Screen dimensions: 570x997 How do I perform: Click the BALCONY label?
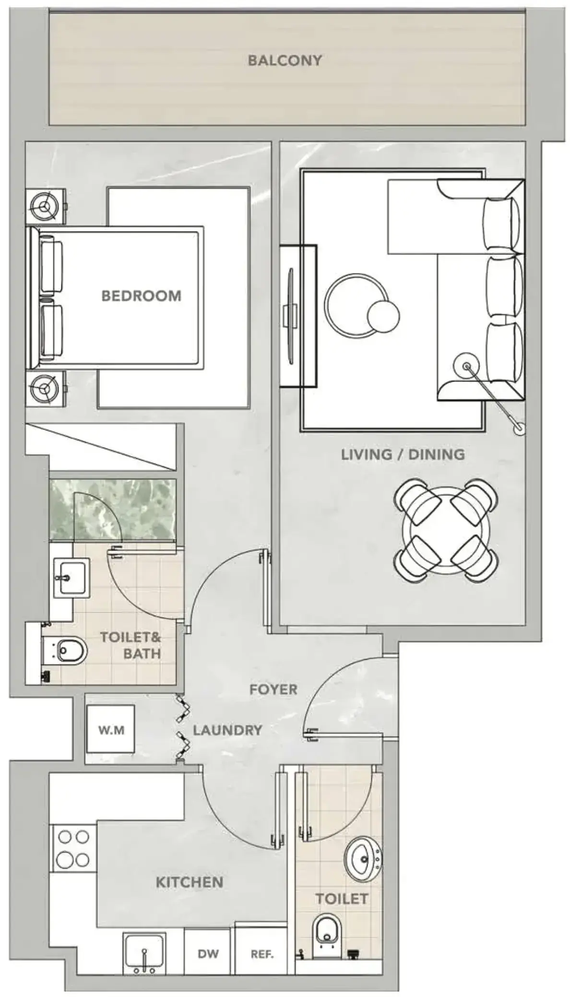click(x=285, y=60)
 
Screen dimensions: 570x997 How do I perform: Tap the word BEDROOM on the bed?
click(x=142, y=296)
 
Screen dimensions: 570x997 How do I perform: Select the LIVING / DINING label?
click(x=403, y=454)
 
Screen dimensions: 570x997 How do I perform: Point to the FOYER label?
click(x=273, y=689)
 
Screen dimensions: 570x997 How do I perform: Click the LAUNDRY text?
click(x=227, y=730)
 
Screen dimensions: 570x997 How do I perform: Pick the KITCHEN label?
click(x=190, y=882)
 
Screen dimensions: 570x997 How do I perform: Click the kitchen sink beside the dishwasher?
click(x=144, y=954)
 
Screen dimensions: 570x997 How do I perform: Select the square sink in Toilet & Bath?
click(x=71, y=578)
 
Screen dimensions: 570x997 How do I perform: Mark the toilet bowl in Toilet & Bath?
click(x=67, y=651)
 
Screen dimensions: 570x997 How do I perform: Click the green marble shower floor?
click(x=113, y=510)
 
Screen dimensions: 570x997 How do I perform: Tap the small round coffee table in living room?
click(x=383, y=315)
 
